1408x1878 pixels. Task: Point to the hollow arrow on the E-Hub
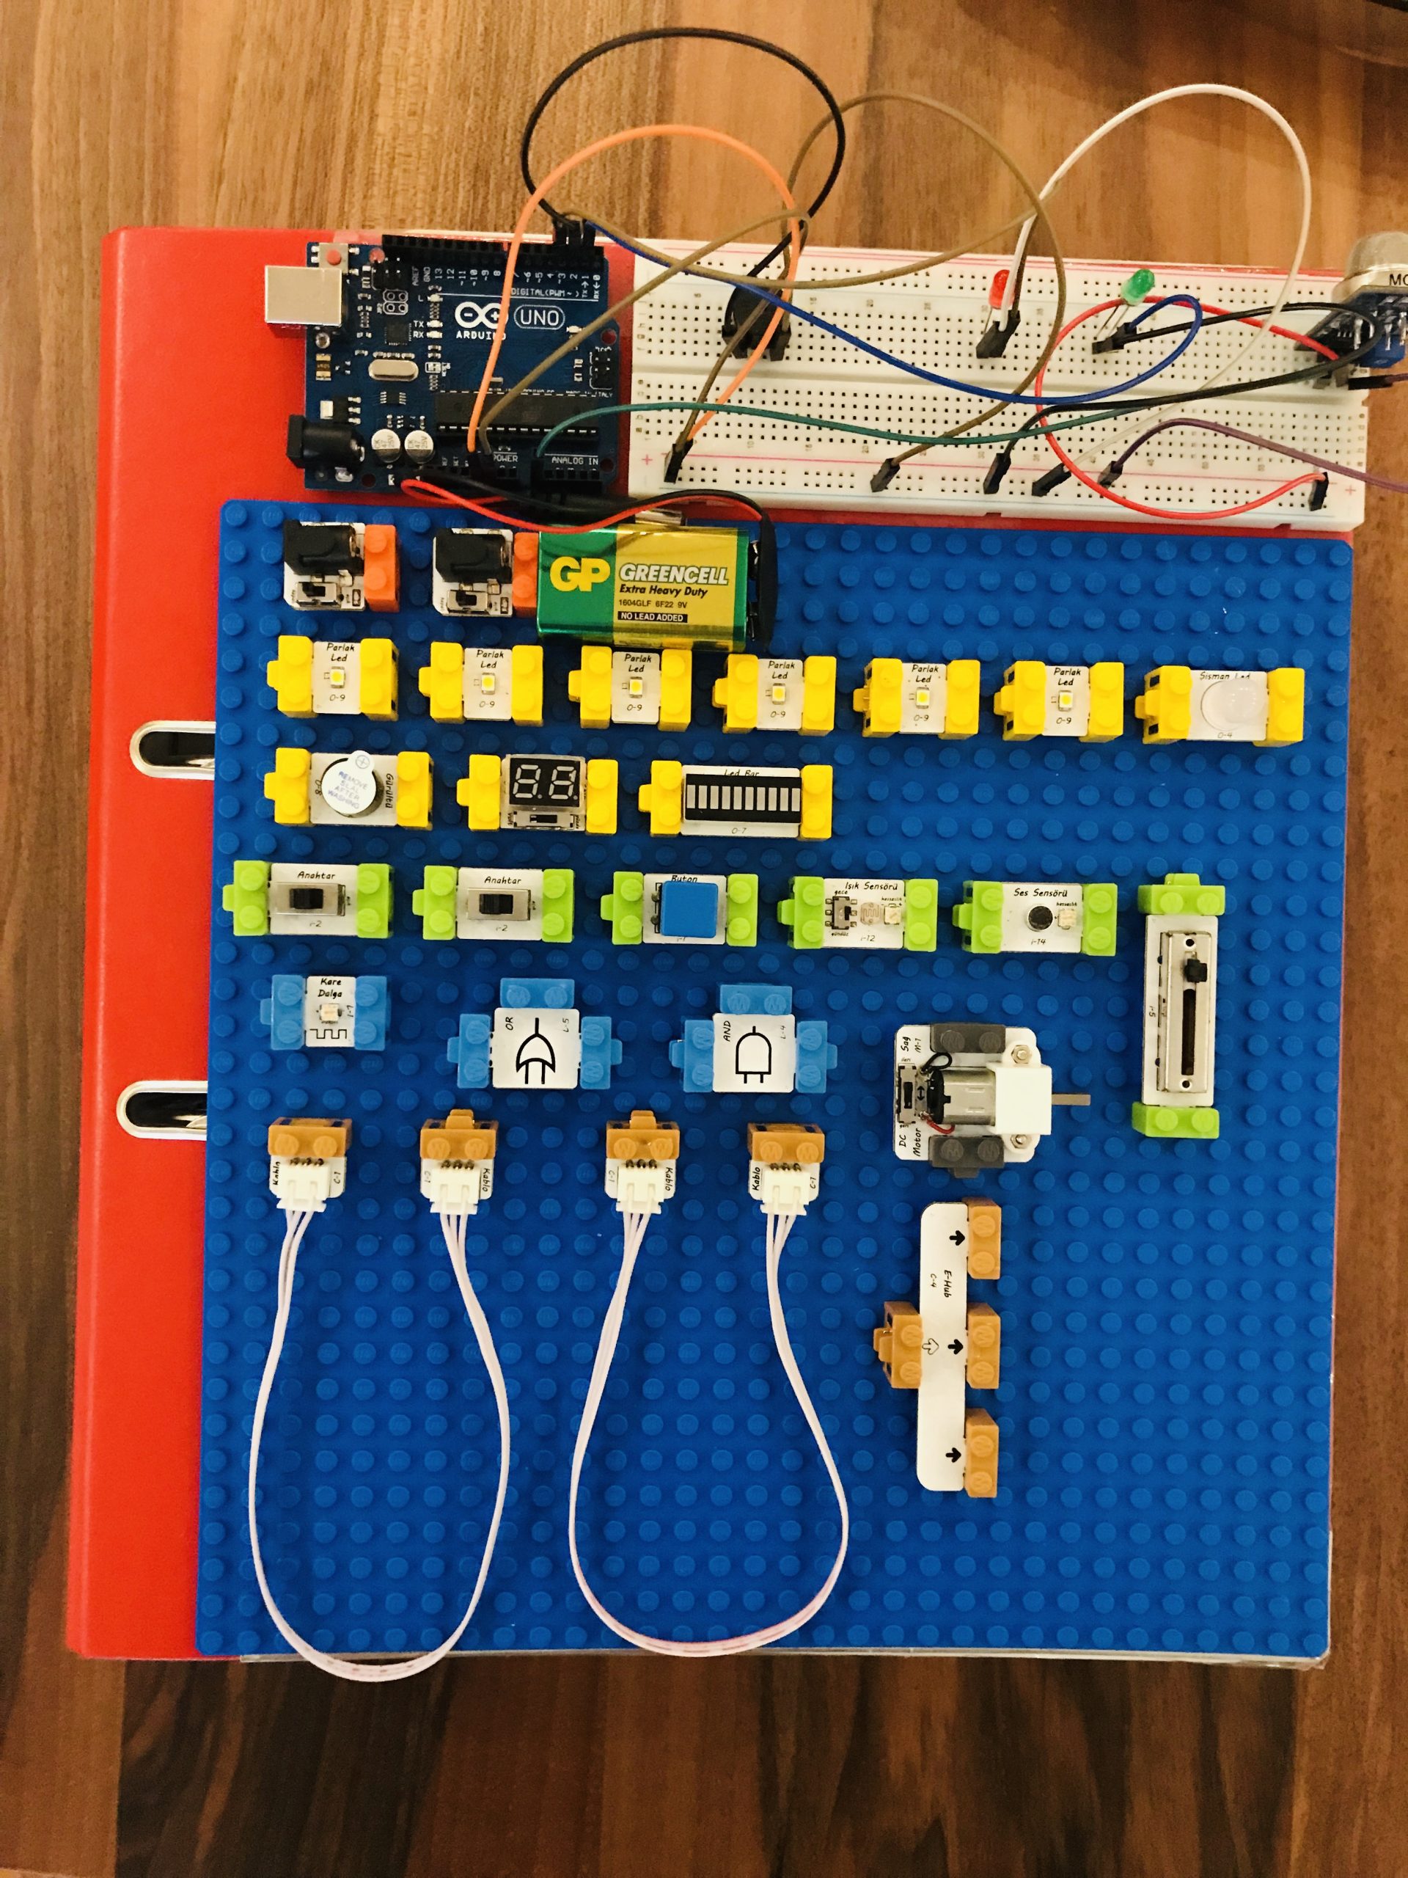click(x=931, y=1345)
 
